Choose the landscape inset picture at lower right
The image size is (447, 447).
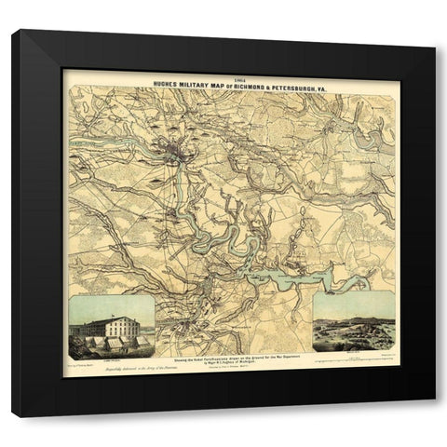pyautogui.click(x=354, y=322)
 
